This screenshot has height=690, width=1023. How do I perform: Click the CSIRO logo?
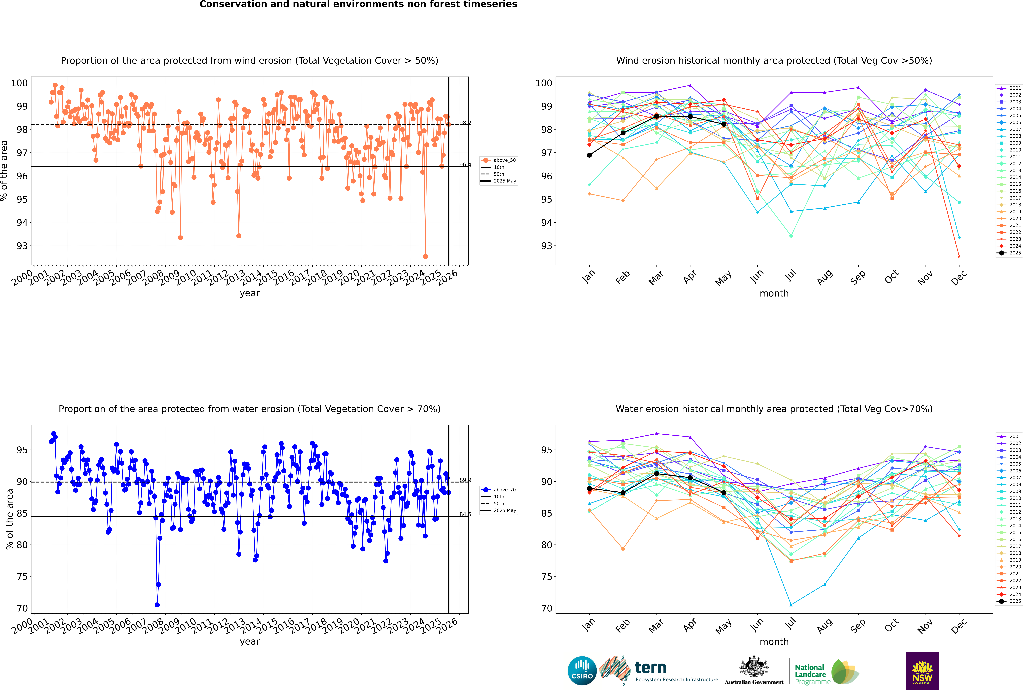coord(582,671)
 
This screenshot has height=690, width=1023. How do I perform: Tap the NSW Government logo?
coord(922,670)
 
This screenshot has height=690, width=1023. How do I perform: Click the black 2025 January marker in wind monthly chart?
coord(589,155)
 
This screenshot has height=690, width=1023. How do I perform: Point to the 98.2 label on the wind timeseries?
coord(465,123)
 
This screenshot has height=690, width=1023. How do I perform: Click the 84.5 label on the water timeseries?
coord(465,514)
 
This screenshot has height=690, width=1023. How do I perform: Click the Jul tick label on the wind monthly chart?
coord(790,276)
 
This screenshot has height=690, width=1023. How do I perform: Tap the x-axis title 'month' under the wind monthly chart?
coord(774,294)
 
